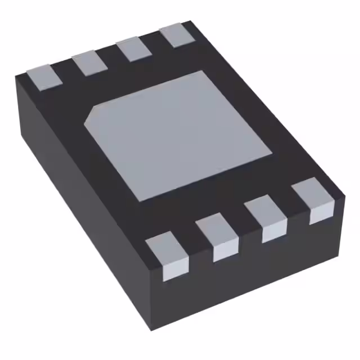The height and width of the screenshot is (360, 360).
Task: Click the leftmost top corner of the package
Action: pos(16,76)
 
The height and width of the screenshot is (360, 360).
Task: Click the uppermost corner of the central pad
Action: pos(202,71)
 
